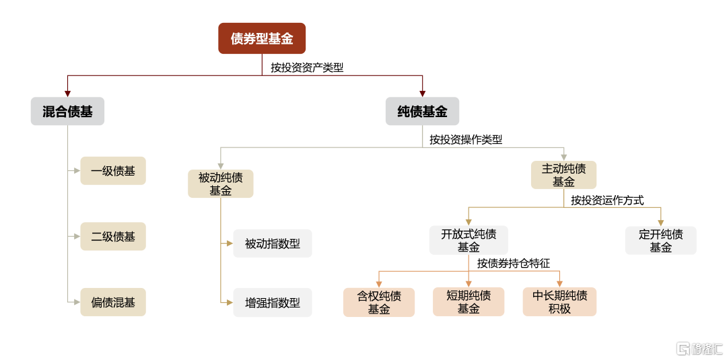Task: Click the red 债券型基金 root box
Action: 262,38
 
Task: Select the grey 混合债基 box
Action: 68,111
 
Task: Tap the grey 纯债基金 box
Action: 422,111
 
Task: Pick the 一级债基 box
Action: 113,171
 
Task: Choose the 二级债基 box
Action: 113,237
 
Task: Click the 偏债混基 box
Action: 113,303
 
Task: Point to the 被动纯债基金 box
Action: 221,184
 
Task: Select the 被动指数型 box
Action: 273,243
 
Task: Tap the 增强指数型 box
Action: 273,303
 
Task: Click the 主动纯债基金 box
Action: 564,175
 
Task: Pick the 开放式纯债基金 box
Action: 469,240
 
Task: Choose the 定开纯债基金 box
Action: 661,240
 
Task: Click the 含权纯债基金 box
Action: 379,302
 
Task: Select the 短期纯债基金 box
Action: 469,302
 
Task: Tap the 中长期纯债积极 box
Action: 559,302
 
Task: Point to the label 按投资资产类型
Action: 308,68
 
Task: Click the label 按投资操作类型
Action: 466,139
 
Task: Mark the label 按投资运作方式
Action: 607,201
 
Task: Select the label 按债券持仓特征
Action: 514,264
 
